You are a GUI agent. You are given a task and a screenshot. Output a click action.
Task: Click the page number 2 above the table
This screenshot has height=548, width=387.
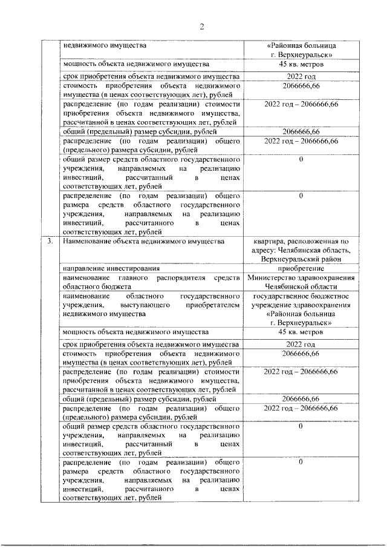click(x=203, y=26)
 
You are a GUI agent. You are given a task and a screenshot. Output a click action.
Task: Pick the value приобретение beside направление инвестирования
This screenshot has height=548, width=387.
click(x=300, y=268)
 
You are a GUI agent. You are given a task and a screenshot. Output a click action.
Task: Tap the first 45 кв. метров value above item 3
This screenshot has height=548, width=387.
click(x=301, y=64)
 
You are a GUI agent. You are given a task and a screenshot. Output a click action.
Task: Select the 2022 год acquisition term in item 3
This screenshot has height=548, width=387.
click(x=301, y=345)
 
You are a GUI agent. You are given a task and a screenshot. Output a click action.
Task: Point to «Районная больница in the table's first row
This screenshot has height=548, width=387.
click(x=301, y=45)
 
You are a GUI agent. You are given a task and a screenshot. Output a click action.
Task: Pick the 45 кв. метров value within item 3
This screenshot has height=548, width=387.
click(x=301, y=332)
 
